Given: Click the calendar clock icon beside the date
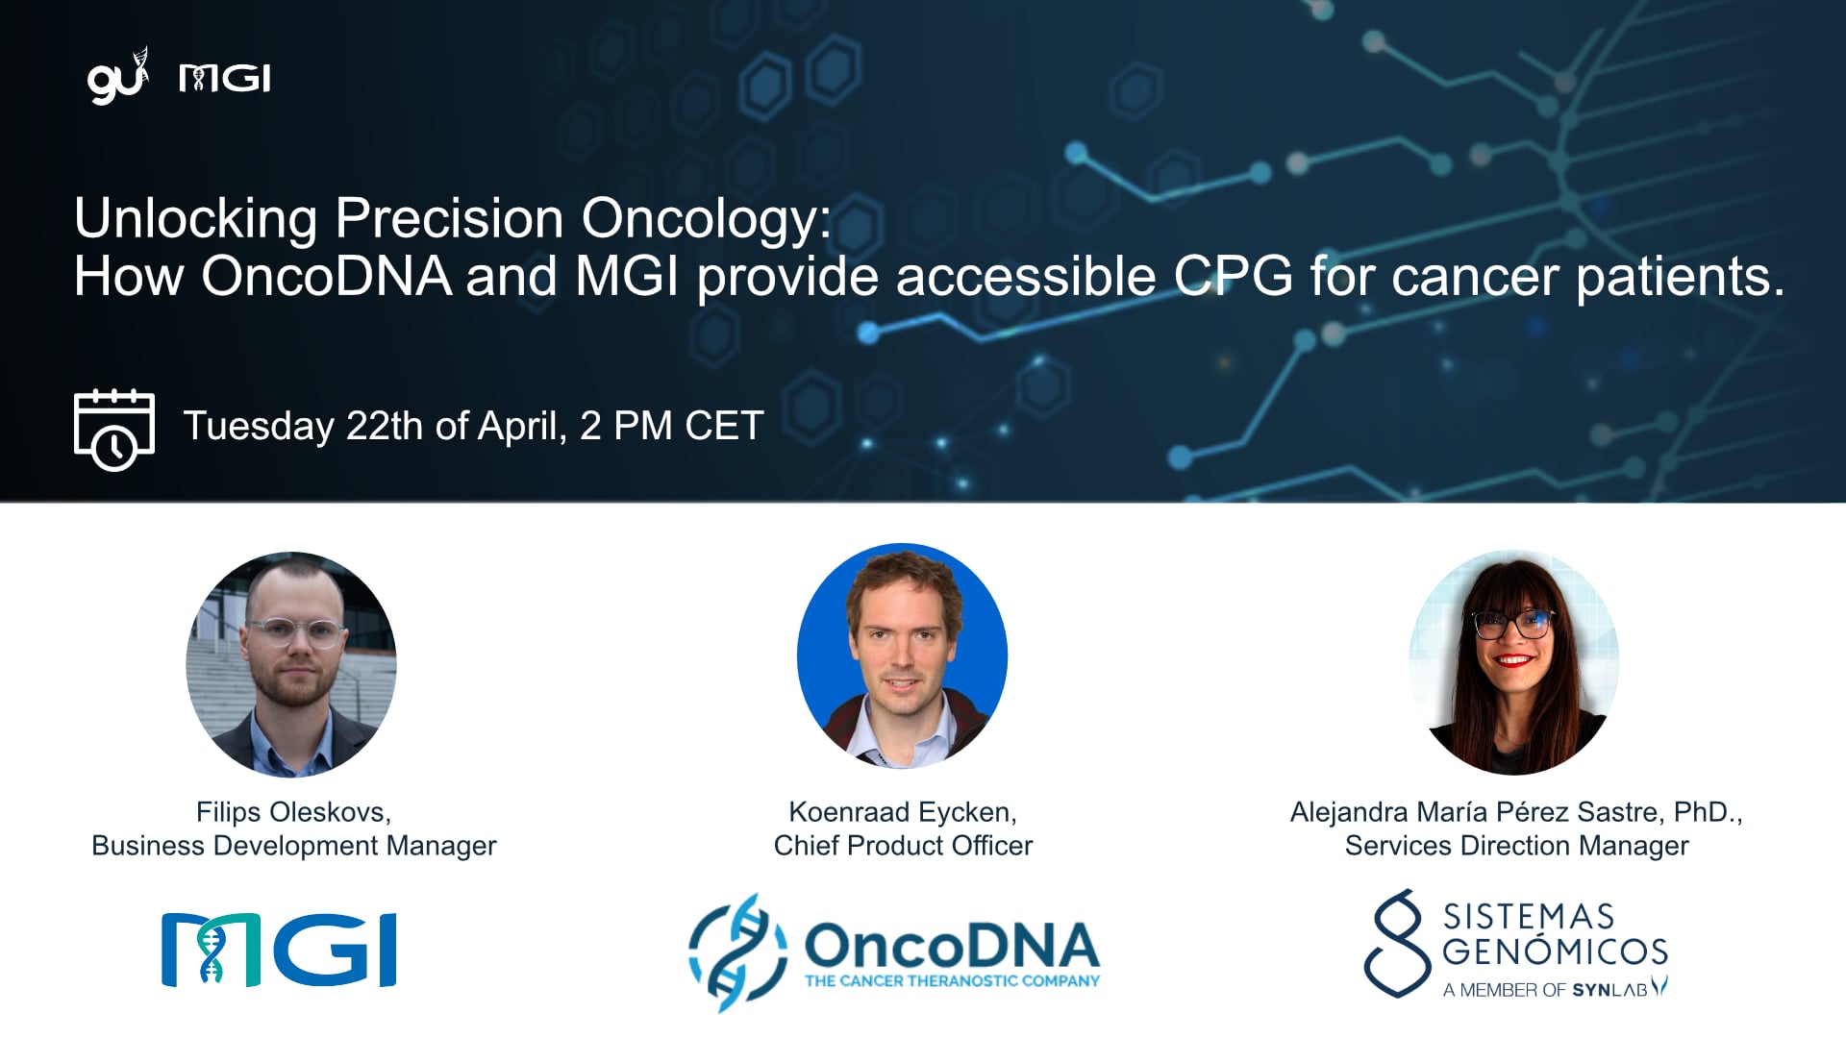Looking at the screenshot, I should (x=113, y=430).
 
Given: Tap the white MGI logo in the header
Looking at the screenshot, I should (x=225, y=79).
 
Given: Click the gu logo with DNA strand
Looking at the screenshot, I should (x=117, y=77).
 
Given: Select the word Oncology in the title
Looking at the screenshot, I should (x=706, y=219).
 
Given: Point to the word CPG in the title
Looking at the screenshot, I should (x=1234, y=277).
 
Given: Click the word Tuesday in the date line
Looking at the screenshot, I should (x=259, y=426).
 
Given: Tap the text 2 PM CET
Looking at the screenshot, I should (x=671, y=426).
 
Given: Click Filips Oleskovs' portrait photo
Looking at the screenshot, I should (x=291, y=664).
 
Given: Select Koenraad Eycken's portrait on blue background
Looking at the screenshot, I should (x=902, y=656).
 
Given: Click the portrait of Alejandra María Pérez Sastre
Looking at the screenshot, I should (x=1514, y=662).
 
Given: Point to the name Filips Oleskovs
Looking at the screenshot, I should (x=292, y=812).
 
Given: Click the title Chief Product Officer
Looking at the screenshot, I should (x=903, y=846).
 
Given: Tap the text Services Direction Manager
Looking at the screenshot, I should (x=1516, y=846).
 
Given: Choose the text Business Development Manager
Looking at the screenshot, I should (x=293, y=846).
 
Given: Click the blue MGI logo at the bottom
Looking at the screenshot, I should (x=279, y=950).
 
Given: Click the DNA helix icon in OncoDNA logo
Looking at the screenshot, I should (x=737, y=951).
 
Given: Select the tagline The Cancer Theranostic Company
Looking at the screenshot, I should (x=952, y=981).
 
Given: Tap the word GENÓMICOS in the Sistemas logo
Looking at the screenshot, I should (x=1555, y=951).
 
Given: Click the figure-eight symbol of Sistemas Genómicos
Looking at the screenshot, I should (x=1397, y=943).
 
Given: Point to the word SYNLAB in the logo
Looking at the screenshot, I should (x=1609, y=990).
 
